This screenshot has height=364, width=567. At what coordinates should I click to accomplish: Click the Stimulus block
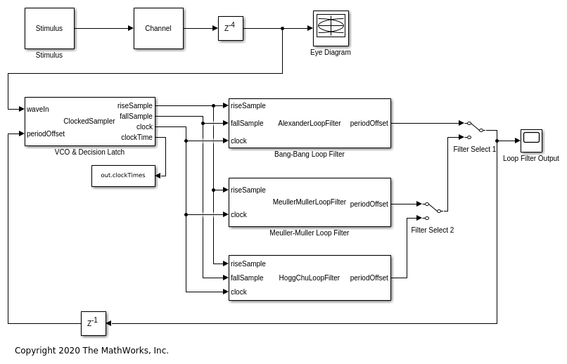pos(49,28)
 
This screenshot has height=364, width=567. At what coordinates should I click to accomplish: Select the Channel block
pos(158,28)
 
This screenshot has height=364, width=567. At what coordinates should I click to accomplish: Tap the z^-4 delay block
pos(230,28)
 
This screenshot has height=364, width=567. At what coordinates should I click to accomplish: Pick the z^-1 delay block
pos(93,323)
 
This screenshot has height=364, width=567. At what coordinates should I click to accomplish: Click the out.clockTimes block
pos(123,176)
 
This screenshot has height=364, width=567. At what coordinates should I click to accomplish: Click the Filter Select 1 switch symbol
pos(475,129)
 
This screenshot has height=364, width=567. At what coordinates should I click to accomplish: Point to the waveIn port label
pos(38,109)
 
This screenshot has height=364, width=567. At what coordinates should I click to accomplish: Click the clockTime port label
pos(136,137)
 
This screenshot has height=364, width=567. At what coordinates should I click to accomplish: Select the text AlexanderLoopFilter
pos(310,123)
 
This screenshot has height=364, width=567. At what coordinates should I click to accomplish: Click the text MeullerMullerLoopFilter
pos(310,202)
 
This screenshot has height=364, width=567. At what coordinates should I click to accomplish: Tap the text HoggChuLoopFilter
pos(310,278)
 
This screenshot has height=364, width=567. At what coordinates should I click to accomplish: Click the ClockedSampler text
pos(89,121)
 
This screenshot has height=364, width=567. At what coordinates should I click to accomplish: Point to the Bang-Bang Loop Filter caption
pos(310,154)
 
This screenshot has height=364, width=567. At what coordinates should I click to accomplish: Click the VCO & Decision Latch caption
pos(89,152)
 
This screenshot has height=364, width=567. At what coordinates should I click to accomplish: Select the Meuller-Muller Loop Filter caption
pos(310,233)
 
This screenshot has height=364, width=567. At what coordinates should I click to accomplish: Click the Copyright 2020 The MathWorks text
pos(91,350)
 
